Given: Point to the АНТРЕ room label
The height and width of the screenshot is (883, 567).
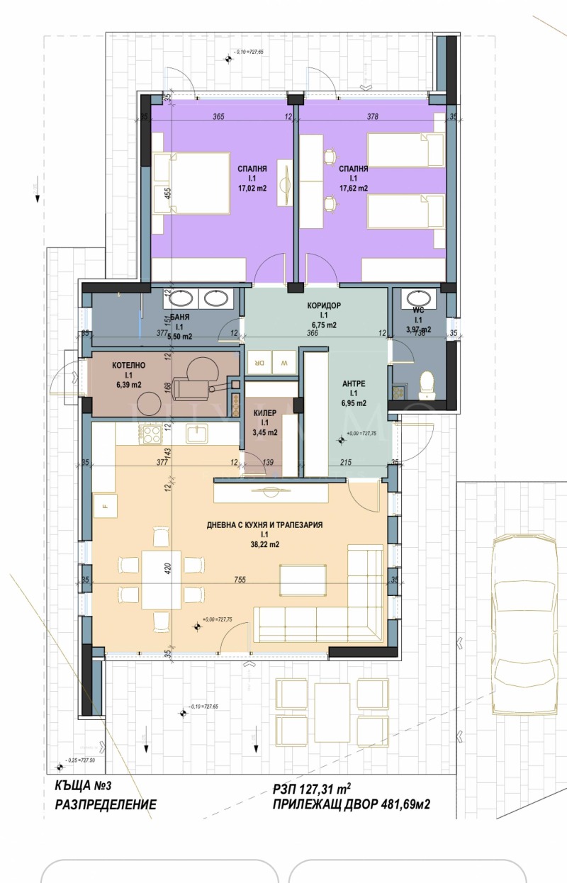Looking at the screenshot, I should point(352,383).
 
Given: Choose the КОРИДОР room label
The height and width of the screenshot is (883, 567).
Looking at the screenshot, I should point(324,305).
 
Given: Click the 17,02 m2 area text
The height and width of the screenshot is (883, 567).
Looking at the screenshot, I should point(252,189).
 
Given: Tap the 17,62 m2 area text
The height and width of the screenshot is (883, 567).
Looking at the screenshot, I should point(353,189).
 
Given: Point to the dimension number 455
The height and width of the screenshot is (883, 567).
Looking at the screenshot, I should point(168,194).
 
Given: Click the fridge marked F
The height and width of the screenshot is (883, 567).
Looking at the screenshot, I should point(106,506).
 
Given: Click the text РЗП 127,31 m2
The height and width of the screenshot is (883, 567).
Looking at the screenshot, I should point(312,788).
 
